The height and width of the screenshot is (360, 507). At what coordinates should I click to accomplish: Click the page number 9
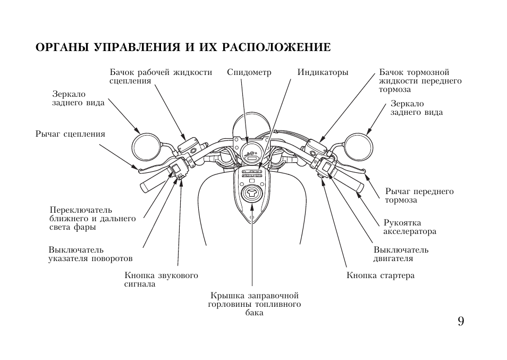[x=460, y=321]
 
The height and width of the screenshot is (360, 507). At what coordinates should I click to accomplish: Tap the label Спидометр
[x=249, y=72]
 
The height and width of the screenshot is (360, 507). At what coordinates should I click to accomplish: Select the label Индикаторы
[x=323, y=72]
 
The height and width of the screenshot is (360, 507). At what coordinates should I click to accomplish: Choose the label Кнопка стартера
[x=380, y=275]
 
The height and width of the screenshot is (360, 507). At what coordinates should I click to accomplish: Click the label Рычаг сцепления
[x=70, y=134]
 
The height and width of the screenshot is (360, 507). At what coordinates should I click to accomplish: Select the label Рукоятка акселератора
[x=409, y=227]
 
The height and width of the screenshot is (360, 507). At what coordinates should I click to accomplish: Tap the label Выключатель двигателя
[x=400, y=254]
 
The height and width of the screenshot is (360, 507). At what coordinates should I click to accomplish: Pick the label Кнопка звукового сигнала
[x=161, y=280]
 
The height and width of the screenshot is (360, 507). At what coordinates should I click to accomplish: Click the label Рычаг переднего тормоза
[x=419, y=196]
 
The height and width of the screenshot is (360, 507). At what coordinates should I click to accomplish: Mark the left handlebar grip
[x=153, y=182]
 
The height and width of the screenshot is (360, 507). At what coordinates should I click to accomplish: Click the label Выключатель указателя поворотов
[x=90, y=254]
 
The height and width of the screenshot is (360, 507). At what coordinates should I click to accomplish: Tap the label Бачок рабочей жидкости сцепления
[x=160, y=77]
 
